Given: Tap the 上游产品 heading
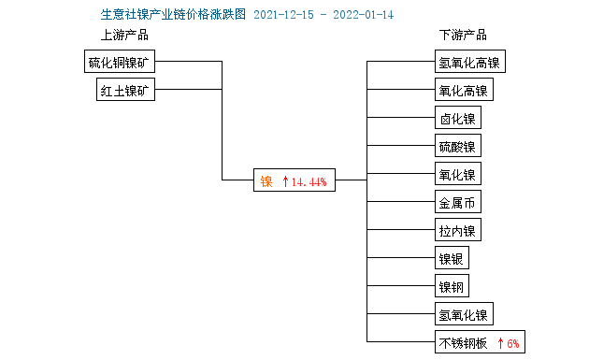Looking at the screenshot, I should pyautogui.click(x=124, y=36).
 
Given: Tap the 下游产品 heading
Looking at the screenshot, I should pyautogui.click(x=463, y=36).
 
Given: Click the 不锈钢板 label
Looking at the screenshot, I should pyautogui.click(x=463, y=342).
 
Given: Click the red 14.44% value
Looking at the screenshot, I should pyautogui.click(x=309, y=181).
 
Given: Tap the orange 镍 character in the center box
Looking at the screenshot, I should pyautogui.click(x=266, y=180).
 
